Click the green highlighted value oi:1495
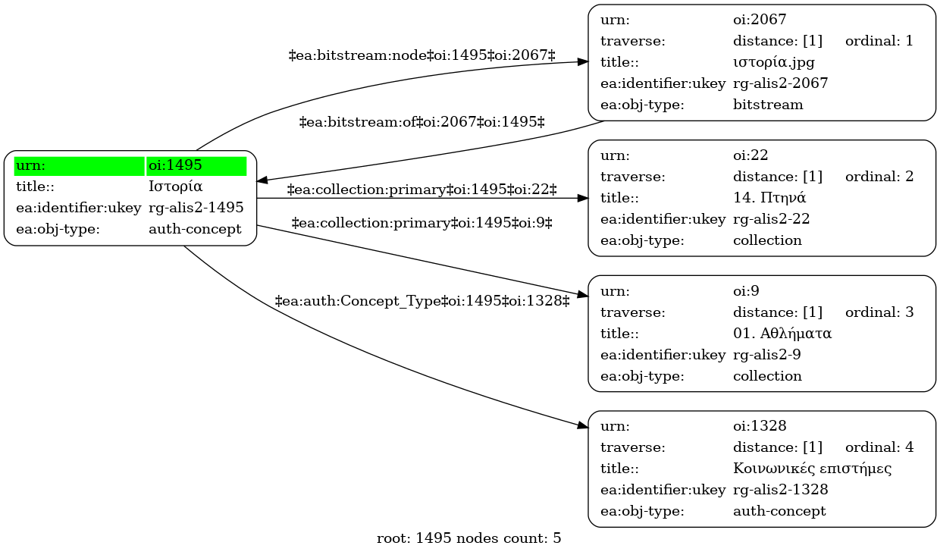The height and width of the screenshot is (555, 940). pyautogui.click(x=175, y=165)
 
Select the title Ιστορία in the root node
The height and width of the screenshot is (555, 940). pyautogui.click(x=175, y=187)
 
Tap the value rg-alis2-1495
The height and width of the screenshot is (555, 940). pyautogui.click(x=196, y=208)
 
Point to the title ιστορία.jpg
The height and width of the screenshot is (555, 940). pyautogui.click(x=774, y=62)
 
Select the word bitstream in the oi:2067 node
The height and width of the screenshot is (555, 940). pyautogui.click(x=768, y=105)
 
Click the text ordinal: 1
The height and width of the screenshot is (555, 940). pyautogui.click(x=879, y=41)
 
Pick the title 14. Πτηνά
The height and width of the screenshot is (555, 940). pyautogui.click(x=769, y=198)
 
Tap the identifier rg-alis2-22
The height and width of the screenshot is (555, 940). pyautogui.click(x=771, y=219)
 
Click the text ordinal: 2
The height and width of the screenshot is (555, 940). pyautogui.click(x=879, y=177)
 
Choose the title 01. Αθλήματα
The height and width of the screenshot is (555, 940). pyautogui.click(x=782, y=334)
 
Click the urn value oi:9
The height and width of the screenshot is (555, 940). pyautogui.click(x=746, y=291)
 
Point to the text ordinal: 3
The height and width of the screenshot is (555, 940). pyautogui.click(x=879, y=312)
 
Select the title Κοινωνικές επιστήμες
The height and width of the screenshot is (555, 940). pyautogui.click(x=812, y=469)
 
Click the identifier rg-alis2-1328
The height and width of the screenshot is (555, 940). pyautogui.click(x=781, y=490)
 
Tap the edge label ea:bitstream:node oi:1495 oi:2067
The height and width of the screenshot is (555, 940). pyautogui.click(x=421, y=55)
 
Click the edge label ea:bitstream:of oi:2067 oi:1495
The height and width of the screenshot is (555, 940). pyautogui.click(x=421, y=123)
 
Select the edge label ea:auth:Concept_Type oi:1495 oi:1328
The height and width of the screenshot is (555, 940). pyautogui.click(x=421, y=301)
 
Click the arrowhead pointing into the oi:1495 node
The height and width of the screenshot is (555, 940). pyautogui.click(x=262, y=180)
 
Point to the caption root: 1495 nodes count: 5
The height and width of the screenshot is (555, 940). pyautogui.click(x=468, y=538)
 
